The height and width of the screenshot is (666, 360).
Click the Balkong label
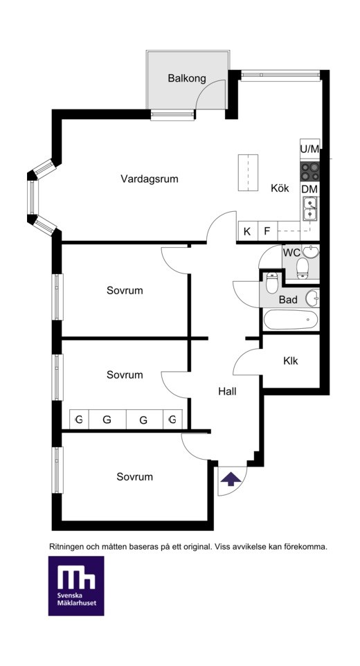(186, 79)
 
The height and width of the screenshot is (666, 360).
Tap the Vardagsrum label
(150, 179)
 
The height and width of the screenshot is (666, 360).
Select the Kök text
(280, 188)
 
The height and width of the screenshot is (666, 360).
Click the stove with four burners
(310, 172)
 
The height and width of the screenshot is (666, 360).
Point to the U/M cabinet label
(309, 149)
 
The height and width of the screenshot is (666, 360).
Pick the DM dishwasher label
(310, 189)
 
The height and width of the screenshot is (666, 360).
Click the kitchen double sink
(311, 208)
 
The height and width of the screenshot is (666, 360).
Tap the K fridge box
(248, 232)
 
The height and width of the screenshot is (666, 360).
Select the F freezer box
(267, 232)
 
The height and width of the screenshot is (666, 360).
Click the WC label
(291, 253)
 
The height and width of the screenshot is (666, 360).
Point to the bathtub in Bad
(290, 320)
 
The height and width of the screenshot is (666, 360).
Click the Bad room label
(288, 300)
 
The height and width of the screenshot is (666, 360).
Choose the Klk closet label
(291, 361)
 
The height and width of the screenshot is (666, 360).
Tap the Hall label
(227, 392)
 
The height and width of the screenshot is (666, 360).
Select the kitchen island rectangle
(248, 173)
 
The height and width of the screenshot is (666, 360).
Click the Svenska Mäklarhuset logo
(76, 586)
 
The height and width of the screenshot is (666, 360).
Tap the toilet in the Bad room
(271, 283)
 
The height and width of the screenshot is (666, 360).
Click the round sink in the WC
(312, 251)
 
